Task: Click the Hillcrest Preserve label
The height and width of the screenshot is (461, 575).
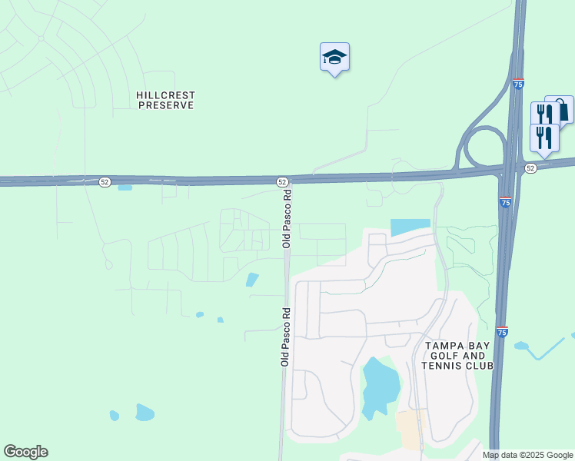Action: point(165,100)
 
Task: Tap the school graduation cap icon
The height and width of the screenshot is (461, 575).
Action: point(334,57)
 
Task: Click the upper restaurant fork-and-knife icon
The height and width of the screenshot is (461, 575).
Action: point(543,114)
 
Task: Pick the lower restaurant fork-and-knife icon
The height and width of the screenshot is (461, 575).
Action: point(544,138)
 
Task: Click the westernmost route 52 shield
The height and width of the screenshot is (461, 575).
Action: point(105,182)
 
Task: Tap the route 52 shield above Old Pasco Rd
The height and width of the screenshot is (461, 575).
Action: point(283,181)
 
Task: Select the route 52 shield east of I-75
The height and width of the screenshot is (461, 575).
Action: point(530,167)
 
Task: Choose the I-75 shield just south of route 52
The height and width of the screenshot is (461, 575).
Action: point(505,203)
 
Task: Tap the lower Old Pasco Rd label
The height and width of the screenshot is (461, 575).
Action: point(284,336)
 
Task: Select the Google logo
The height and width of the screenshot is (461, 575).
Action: point(25,452)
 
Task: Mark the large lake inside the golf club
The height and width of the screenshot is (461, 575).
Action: point(380,386)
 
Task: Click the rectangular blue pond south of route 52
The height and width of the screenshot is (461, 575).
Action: point(410,227)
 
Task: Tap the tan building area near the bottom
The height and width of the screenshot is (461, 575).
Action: point(410,429)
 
